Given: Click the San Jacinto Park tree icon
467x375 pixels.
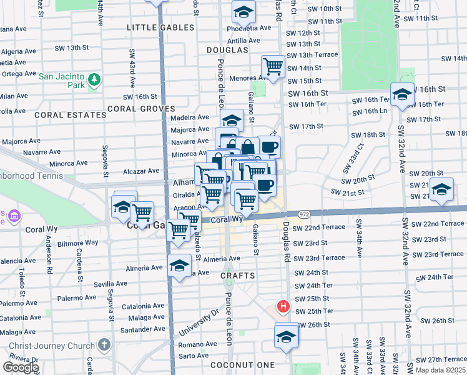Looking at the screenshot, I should [94, 79].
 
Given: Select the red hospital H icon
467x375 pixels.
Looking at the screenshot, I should [283, 306].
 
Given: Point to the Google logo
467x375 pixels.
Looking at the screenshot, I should [20, 367].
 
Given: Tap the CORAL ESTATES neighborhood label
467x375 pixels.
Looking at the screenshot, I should [71, 115].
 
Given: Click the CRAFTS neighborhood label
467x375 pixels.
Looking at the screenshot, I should [237, 276].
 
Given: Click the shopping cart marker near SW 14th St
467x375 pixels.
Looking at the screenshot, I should [273, 66].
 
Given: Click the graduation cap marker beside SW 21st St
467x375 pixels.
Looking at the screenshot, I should [441, 189].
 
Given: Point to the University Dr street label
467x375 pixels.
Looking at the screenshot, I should [199, 319].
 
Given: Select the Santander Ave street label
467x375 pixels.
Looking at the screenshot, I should [143, 329].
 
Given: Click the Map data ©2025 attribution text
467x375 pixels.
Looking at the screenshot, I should [441, 370].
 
